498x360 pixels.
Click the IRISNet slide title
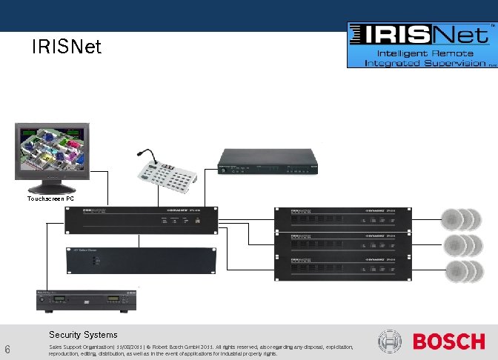point(67,48)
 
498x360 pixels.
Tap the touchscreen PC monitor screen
point(50,150)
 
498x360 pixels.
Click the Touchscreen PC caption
point(50,199)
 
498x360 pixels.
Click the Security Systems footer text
point(83,335)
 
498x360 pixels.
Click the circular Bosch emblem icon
point(391,341)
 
